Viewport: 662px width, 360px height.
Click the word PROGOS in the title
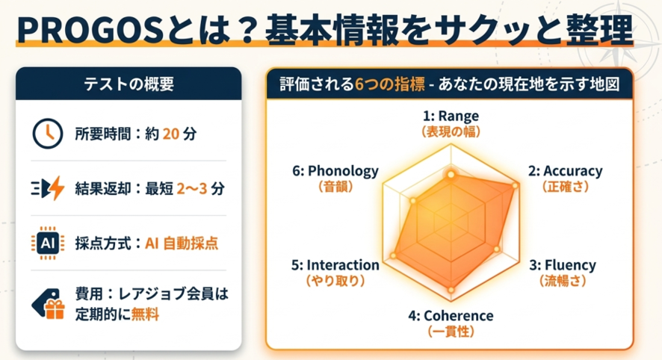tap(90, 30)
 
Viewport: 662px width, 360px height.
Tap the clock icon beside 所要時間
tap(48, 134)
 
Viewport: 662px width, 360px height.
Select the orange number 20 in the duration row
tap(171, 134)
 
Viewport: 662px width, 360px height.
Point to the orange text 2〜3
tap(192, 188)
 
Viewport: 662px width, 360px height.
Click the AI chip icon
tap(48, 243)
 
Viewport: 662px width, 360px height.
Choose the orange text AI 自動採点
tap(182, 243)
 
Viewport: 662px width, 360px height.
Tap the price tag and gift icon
tap(48, 303)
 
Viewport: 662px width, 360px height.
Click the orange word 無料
tap(145, 314)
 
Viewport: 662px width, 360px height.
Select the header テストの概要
tap(129, 84)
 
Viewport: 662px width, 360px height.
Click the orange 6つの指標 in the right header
tap(390, 84)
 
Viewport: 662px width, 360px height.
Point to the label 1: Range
tap(451, 116)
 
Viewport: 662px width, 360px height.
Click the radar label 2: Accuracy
tap(566, 171)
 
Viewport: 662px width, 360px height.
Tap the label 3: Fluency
tap(563, 265)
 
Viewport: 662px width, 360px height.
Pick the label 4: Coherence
tap(451, 316)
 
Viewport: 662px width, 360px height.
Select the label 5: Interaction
tap(335, 265)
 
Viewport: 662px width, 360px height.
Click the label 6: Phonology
tap(335, 171)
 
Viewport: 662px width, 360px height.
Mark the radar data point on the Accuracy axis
tap(515, 186)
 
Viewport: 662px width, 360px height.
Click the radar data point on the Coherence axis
tap(451, 290)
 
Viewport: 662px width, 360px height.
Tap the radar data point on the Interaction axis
tap(394, 255)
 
